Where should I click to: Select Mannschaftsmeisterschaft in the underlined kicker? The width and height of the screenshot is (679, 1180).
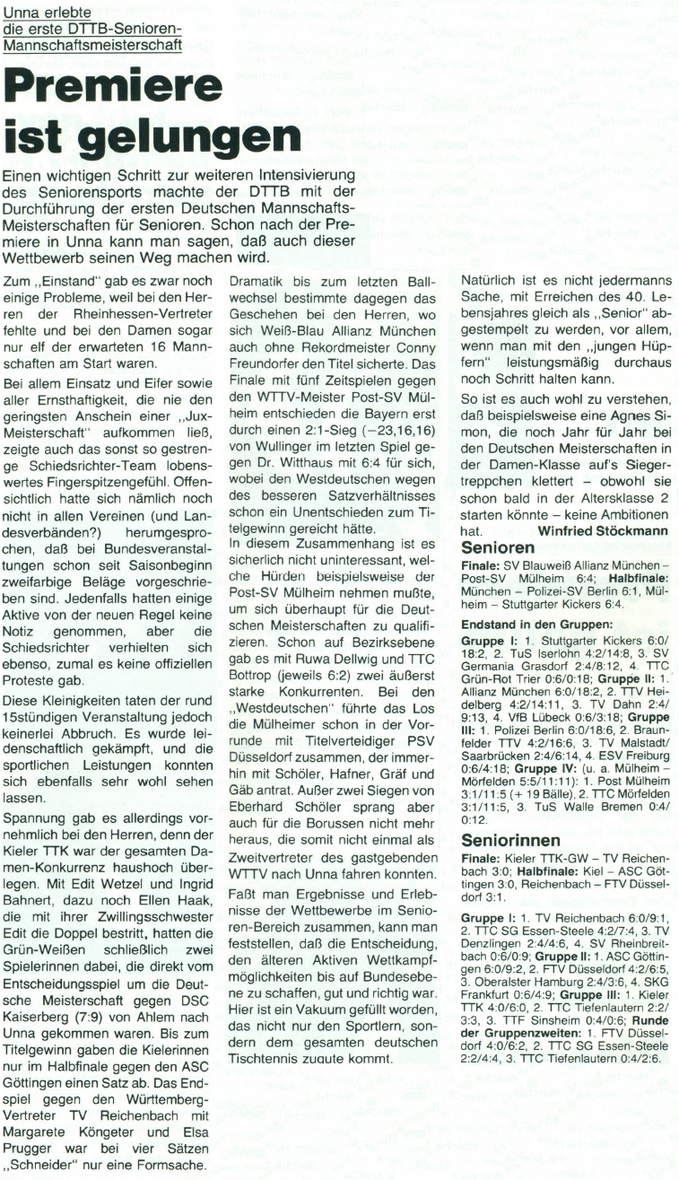click(93, 42)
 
